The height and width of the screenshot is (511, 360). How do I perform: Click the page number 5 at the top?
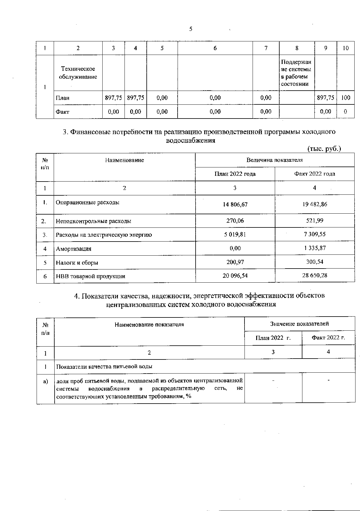[x=191, y=29]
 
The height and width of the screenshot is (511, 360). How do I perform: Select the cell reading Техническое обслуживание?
[x=78, y=73]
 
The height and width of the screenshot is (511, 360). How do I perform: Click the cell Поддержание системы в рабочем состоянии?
[x=296, y=73]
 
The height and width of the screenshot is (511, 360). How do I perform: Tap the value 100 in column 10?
[x=346, y=98]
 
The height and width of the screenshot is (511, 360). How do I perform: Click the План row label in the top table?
[x=62, y=98]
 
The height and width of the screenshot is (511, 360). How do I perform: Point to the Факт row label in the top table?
[x=62, y=112]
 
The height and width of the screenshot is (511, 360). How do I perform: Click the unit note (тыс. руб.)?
[x=324, y=149]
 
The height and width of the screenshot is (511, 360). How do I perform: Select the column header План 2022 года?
[x=235, y=174]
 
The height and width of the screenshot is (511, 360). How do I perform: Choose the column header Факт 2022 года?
[x=314, y=174]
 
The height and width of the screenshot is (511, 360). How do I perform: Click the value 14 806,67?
[x=235, y=205]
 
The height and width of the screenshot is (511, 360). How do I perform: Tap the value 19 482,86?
[x=314, y=204]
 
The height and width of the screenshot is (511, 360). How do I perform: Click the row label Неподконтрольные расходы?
[x=93, y=221]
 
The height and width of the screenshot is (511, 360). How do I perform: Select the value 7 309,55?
[x=314, y=234]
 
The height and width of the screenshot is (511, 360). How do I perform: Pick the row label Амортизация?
[x=73, y=249]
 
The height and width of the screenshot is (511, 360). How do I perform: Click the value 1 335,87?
[x=314, y=248]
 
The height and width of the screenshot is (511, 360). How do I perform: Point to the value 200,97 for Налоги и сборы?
[x=235, y=262]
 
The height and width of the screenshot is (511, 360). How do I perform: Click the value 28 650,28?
[x=314, y=275]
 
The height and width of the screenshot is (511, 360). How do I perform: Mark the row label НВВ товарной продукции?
[x=90, y=276]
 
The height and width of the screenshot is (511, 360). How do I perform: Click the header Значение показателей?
[x=299, y=324]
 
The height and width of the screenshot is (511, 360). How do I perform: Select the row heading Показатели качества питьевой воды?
[x=104, y=366]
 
